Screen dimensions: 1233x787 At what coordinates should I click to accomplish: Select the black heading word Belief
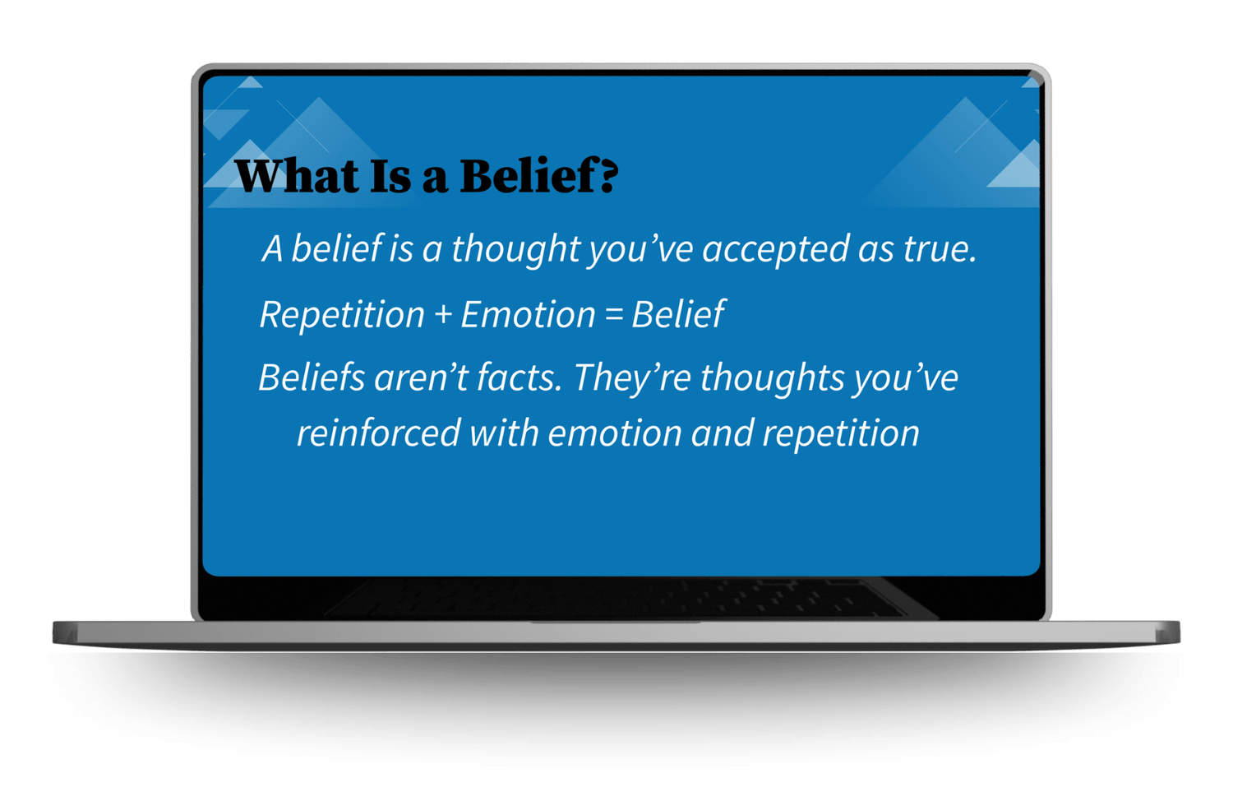click(x=529, y=175)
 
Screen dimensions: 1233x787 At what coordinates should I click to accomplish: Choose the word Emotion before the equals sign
click(x=529, y=314)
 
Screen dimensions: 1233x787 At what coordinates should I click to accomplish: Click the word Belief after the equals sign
click(x=678, y=314)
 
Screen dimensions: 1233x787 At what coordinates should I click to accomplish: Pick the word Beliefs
click(x=312, y=377)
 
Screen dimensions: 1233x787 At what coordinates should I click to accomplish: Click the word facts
click(x=520, y=377)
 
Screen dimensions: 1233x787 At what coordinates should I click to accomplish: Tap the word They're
click(x=632, y=379)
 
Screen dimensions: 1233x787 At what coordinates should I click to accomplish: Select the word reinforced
click(x=379, y=433)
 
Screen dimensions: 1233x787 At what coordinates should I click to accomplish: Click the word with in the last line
click(x=504, y=433)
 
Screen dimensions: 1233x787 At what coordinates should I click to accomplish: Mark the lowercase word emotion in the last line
click(x=615, y=433)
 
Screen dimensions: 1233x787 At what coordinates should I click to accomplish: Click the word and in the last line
click(x=723, y=433)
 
